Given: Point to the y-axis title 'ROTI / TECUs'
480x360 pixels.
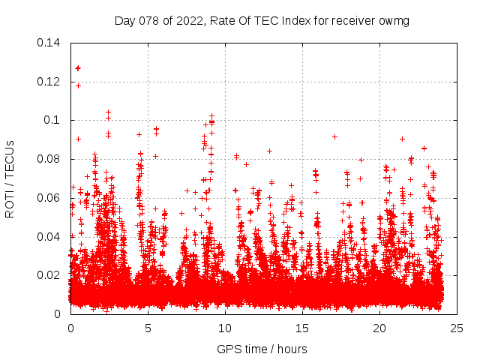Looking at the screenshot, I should (x=10, y=178).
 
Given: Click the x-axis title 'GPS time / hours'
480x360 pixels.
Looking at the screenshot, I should (x=262, y=349).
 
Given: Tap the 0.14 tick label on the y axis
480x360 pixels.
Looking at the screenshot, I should (x=49, y=43).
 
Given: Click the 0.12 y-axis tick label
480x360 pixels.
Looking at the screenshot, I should (x=49, y=82).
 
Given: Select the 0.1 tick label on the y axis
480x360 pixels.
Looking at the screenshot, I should (x=53, y=121).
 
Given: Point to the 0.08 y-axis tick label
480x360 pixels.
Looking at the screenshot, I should (x=49, y=159).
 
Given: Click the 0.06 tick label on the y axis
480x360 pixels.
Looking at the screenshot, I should (x=49, y=198).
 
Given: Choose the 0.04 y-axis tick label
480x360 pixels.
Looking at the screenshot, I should (x=49, y=237).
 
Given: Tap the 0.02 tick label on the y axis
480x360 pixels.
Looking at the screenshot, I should (x=49, y=275).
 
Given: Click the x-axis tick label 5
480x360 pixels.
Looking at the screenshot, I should (x=148, y=328).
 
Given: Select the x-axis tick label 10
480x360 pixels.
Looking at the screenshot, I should (x=225, y=328).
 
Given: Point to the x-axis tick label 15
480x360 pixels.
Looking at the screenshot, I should (x=302, y=328).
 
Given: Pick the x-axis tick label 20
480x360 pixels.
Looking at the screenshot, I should (x=379, y=328).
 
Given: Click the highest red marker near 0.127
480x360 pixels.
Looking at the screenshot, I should (x=77, y=68).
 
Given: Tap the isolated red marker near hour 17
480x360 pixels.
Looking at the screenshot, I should (x=334, y=136).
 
